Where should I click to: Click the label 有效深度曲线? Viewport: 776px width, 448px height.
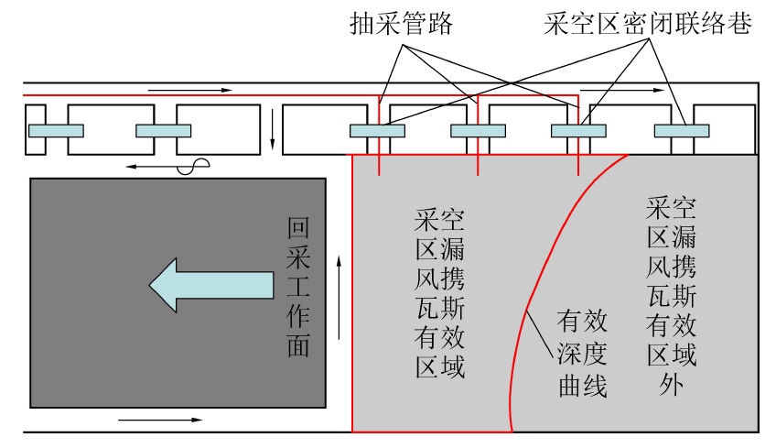(583, 353)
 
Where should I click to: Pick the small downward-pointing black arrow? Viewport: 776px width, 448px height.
(272, 130)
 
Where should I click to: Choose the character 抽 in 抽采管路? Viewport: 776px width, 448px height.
(361, 25)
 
